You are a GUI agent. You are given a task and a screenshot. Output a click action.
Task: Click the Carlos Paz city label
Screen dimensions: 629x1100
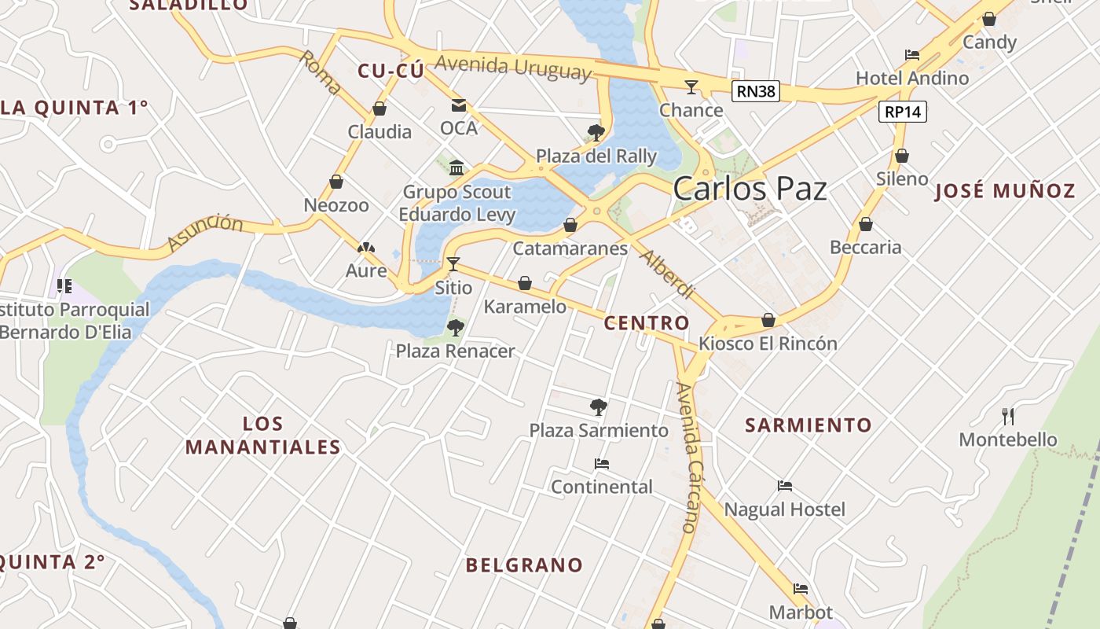(x=750, y=189)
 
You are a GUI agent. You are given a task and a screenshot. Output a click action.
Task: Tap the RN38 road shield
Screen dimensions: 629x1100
(x=756, y=91)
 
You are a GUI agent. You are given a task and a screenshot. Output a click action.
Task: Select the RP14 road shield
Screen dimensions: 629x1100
(x=902, y=112)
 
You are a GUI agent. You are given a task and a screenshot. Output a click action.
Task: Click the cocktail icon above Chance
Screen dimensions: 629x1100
(x=691, y=86)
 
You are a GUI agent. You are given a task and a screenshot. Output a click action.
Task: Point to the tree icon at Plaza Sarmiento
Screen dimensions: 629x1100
(x=599, y=406)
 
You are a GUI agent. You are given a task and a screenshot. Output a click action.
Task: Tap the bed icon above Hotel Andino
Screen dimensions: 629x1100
(x=912, y=55)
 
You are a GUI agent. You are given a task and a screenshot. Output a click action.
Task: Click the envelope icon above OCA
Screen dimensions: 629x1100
(x=458, y=105)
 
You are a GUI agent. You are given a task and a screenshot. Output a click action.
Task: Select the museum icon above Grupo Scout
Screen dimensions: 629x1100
(x=456, y=167)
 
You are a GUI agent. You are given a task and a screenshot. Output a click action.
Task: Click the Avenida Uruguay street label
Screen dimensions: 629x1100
(x=511, y=68)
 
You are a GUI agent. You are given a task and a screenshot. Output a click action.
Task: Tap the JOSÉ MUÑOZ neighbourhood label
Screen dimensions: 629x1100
(x=1004, y=191)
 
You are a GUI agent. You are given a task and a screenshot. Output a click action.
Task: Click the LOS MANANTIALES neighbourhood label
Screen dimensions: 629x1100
(x=262, y=436)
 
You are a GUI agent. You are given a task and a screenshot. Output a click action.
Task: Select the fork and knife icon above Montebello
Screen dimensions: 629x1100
(x=1008, y=416)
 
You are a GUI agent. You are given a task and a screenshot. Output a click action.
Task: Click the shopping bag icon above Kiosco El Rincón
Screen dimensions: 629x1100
(x=768, y=320)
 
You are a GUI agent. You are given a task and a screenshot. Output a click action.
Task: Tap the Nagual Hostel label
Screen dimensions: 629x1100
(x=784, y=509)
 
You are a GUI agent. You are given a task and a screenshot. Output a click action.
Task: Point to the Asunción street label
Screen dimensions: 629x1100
(x=206, y=233)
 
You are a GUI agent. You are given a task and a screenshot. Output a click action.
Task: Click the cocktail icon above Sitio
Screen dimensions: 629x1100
(x=453, y=263)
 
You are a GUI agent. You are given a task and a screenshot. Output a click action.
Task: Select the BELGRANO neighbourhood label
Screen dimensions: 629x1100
(x=524, y=565)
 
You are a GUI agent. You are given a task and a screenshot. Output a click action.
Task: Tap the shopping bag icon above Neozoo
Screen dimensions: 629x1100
(x=336, y=182)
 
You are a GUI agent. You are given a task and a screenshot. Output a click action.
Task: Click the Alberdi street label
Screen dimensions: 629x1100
(x=668, y=274)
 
